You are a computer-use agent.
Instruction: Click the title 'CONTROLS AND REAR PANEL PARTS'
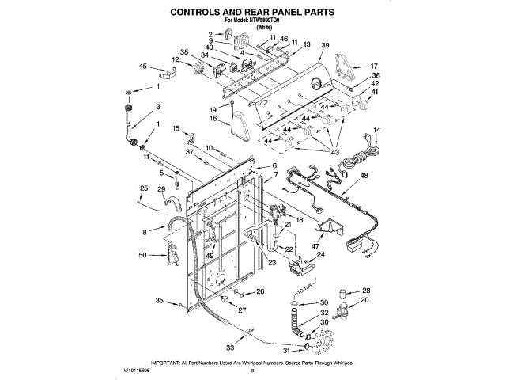click(253, 13)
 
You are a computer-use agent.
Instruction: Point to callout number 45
click(143, 66)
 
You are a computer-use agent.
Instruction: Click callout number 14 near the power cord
click(376, 129)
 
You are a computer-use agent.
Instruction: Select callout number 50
click(142, 255)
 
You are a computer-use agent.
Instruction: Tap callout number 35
click(160, 301)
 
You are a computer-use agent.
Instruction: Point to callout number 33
click(230, 347)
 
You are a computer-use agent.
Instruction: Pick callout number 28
click(366, 291)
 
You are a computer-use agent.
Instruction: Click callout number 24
click(320, 255)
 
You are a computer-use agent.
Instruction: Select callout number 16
click(213, 119)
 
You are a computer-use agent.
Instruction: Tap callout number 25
click(142, 188)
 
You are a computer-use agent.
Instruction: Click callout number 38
click(184, 52)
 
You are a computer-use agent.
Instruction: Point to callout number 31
click(285, 351)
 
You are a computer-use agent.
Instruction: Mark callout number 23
click(271, 263)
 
